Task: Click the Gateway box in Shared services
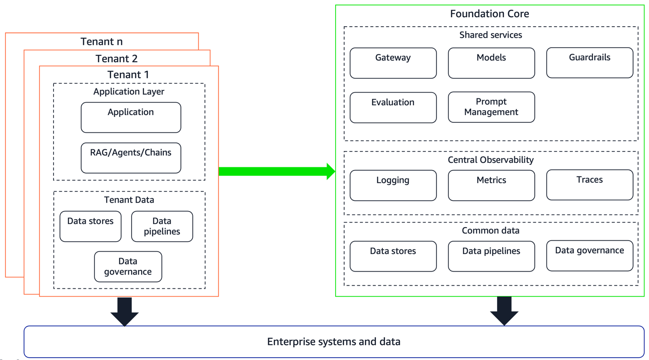(x=393, y=63)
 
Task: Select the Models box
(x=491, y=63)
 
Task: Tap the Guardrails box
(x=590, y=63)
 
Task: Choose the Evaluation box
(x=393, y=107)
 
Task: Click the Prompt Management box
(x=491, y=107)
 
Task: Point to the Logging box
(x=393, y=185)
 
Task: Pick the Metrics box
(x=491, y=185)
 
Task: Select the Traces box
(x=590, y=185)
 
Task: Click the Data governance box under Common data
(x=590, y=256)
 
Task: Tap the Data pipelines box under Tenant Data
(x=162, y=226)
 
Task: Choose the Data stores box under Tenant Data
(x=90, y=226)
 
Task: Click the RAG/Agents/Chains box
(x=131, y=158)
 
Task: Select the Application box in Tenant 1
(x=131, y=117)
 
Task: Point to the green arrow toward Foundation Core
(x=277, y=171)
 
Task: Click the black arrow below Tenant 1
(x=124, y=311)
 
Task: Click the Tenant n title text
(x=102, y=42)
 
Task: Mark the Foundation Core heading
(x=489, y=14)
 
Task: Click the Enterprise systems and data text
(x=334, y=341)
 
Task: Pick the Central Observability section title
(x=491, y=160)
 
